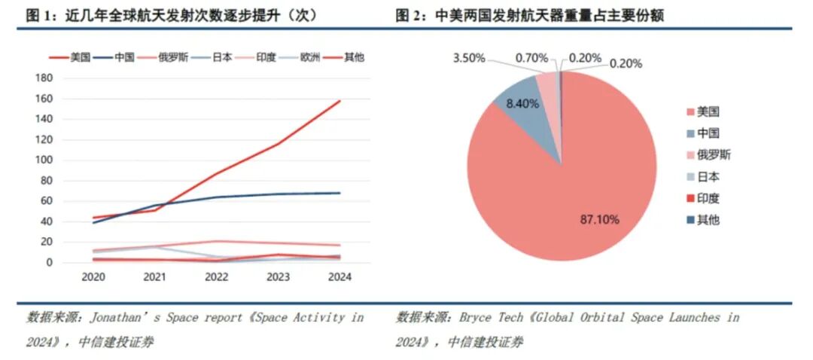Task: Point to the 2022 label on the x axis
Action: tap(217, 277)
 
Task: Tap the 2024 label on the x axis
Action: tap(340, 277)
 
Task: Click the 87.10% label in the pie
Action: tap(599, 219)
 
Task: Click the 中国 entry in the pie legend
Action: tap(708, 133)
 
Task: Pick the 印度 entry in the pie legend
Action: tap(708, 199)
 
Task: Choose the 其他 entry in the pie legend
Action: tap(708, 221)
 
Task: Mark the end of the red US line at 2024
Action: tap(340, 101)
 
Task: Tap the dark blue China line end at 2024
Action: tap(340, 193)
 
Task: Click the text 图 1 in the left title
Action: tap(34, 15)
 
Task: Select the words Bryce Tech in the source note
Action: tap(479, 318)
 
